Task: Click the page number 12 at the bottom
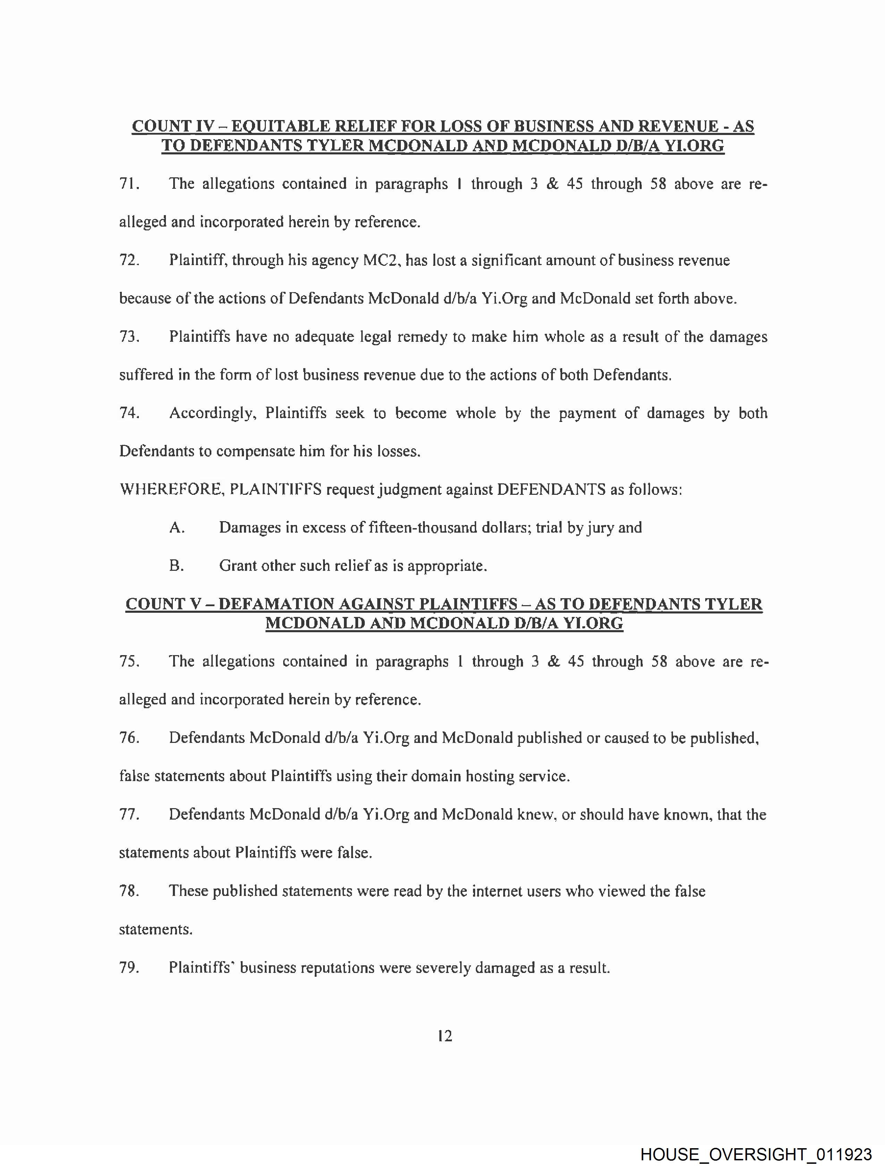(445, 1036)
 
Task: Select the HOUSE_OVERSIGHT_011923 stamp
(756, 1154)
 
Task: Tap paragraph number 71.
(129, 184)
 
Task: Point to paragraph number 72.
(129, 261)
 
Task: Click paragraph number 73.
(129, 337)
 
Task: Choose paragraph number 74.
(129, 413)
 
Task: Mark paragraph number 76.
(129, 738)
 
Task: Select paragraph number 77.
(129, 814)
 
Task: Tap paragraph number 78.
(129, 891)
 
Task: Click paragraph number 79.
(129, 968)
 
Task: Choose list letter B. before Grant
(177, 566)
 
